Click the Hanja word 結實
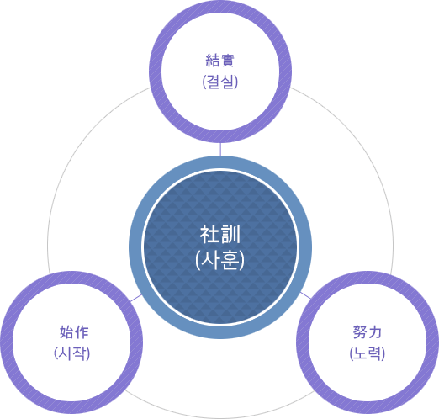coord(220,61)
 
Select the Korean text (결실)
coord(220,82)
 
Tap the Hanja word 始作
coord(74,332)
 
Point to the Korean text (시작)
coord(71,353)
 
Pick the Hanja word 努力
coord(368,332)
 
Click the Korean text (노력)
coord(368,353)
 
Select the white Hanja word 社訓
coord(220,235)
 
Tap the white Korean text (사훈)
coord(220,260)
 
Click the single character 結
coord(213,61)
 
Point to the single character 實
coord(227,61)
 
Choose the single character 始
coord(66,332)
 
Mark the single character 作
coord(82,332)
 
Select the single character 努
coord(360,332)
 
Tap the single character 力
coord(375,332)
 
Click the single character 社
coord(209,235)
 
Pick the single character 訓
coord(230,235)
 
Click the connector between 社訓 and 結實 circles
coord(220,149)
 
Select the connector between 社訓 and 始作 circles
coord(136,298)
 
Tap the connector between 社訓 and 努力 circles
coord(305,295)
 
